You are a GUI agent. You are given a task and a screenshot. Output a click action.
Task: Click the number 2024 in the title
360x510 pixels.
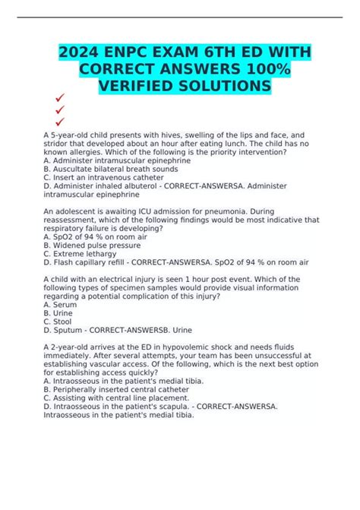[86, 55]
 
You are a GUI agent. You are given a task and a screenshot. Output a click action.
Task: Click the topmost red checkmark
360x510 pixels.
[59, 97]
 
